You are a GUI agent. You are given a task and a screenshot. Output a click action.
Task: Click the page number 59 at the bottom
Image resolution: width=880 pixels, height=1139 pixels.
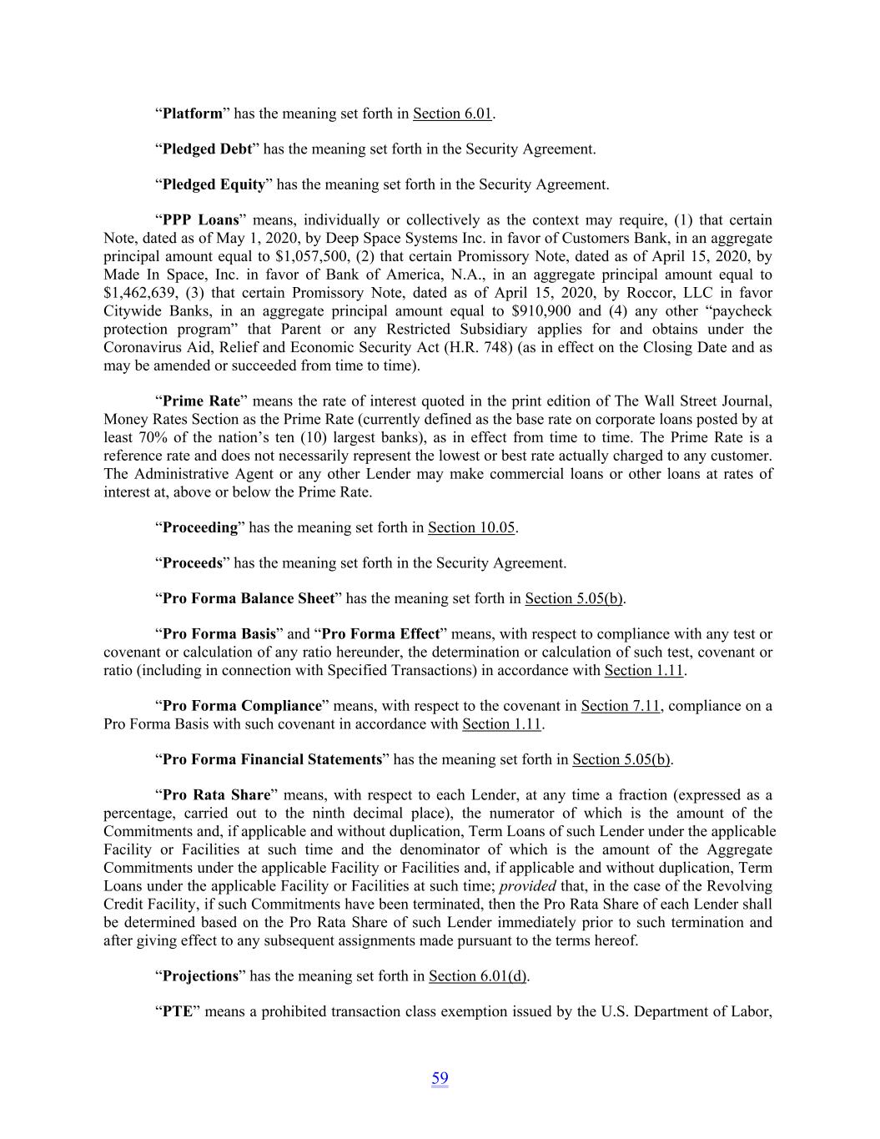(440, 1078)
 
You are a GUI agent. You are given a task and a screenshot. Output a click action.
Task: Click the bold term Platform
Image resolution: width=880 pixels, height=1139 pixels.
(192, 113)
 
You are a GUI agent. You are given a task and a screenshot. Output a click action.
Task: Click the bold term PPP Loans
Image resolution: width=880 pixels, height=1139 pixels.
(200, 220)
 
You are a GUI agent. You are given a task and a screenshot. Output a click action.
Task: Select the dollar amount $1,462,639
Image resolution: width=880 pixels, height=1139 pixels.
(139, 293)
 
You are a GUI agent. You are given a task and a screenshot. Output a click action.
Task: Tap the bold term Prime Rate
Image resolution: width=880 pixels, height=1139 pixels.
(201, 401)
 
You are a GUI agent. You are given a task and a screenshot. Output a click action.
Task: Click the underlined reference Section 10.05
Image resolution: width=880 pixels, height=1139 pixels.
(472, 527)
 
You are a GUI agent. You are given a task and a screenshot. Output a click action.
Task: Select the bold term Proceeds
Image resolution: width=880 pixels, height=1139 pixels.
(193, 563)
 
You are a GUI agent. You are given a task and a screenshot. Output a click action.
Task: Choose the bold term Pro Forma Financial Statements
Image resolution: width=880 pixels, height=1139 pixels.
(272, 759)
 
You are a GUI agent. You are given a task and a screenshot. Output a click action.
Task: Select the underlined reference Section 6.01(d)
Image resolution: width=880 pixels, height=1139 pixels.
(478, 976)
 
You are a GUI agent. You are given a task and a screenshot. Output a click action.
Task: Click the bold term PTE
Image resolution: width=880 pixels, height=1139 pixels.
(178, 1012)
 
